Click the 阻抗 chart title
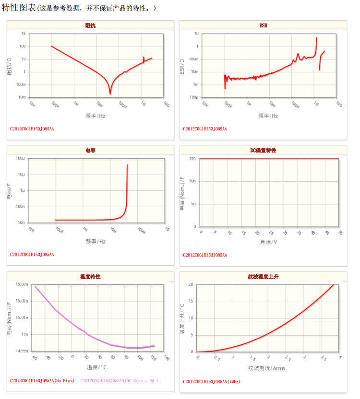[x=90, y=25]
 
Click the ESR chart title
[x=263, y=25]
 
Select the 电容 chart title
[x=90, y=150]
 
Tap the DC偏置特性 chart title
[x=263, y=150]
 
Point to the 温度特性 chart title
[x=90, y=277]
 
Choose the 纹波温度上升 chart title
[x=263, y=277]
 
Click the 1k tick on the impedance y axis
[x=23, y=34]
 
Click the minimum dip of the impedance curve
[x=110, y=93]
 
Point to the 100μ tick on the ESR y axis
[x=194, y=97]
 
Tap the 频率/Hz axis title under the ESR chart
[x=268, y=116]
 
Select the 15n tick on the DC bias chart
[x=192, y=158]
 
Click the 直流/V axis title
[x=269, y=242]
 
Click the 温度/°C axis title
[x=96, y=368]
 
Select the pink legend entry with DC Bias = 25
[x=119, y=381]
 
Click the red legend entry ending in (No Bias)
[x=42, y=381]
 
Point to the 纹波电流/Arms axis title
[x=266, y=368]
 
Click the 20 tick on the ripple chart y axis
[x=191, y=284]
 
